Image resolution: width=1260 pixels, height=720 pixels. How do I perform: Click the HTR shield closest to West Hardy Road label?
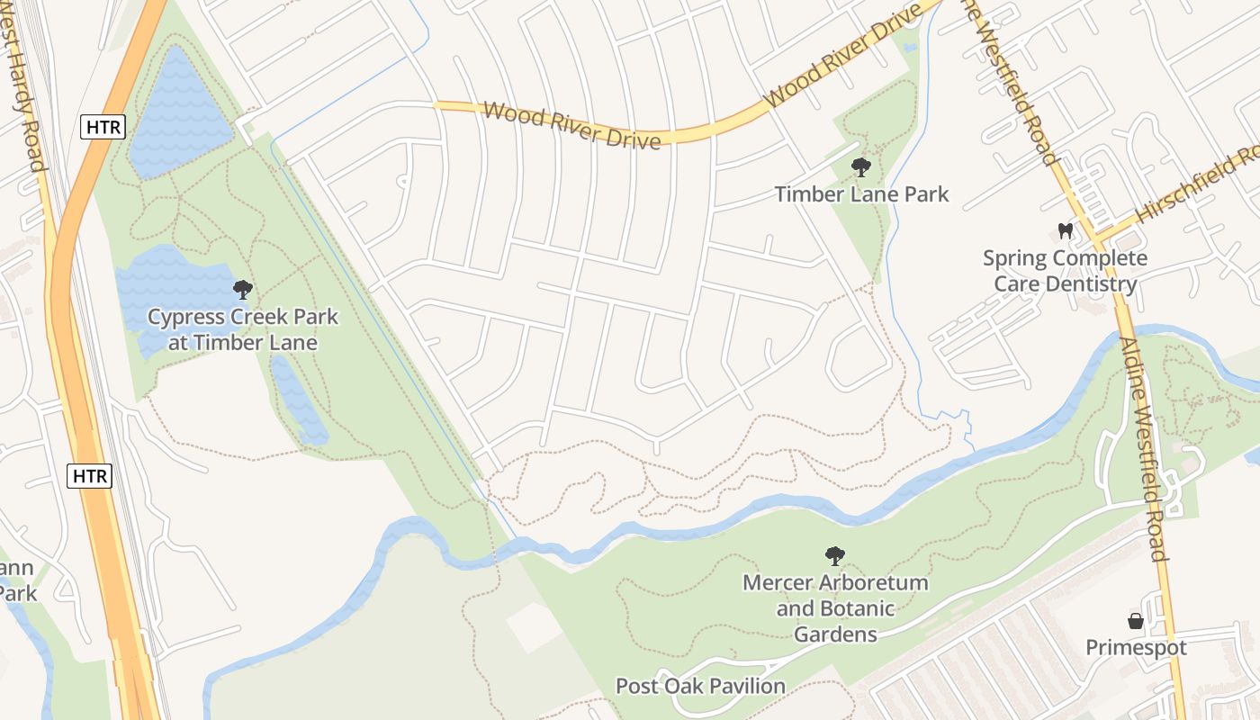(x=103, y=127)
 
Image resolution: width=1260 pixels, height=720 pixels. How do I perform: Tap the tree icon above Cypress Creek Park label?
(x=242, y=290)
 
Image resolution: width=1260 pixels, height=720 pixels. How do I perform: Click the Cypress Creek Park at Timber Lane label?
(x=243, y=329)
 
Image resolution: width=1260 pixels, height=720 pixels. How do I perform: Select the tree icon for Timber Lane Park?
(x=861, y=166)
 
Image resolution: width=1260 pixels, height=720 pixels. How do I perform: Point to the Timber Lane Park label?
(x=861, y=193)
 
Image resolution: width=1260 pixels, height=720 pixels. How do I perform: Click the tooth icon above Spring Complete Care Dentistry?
(x=1066, y=231)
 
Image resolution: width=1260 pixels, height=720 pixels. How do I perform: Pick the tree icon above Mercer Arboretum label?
(x=835, y=555)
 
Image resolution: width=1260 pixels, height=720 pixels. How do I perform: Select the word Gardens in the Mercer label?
(x=836, y=634)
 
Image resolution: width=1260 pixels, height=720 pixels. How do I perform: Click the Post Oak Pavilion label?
(x=700, y=686)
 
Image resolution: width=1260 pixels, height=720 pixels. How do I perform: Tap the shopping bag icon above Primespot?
(x=1136, y=621)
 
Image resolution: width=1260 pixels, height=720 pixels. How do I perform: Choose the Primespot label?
(x=1136, y=647)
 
